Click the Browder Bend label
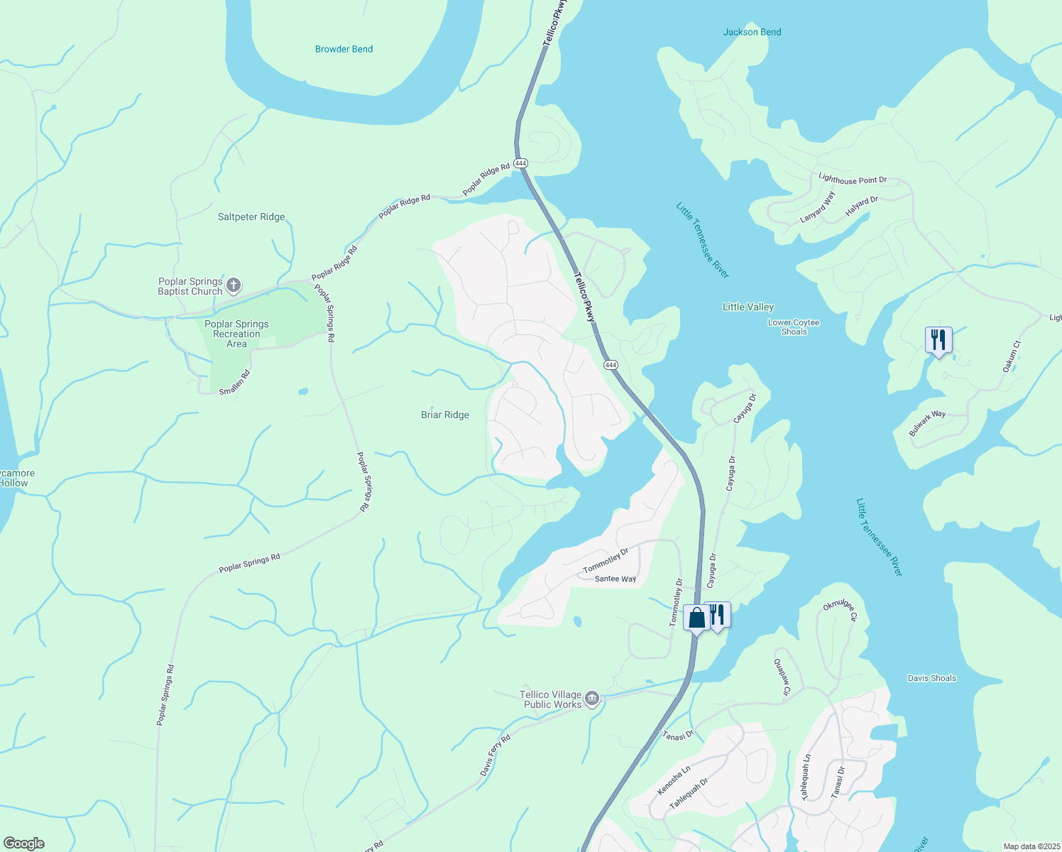pos(344,49)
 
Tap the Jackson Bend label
pos(752,32)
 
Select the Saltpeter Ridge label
pos(251,217)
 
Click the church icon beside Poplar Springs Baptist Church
pos(234,286)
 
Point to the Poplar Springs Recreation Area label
pos(236,334)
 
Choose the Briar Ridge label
pos(445,415)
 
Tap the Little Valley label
pos(748,307)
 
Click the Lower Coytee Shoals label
pos(794,327)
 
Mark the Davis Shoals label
pos(931,678)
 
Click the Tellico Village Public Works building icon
pos(592,699)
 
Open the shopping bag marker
pos(696,618)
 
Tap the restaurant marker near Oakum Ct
pos(938,340)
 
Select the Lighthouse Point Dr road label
pos(853,180)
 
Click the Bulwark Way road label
pos(927,423)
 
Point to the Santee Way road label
pos(615,579)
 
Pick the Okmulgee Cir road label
pos(841,609)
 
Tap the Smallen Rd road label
pos(234,383)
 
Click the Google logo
pos(23,843)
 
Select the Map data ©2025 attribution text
pos(1031,846)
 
